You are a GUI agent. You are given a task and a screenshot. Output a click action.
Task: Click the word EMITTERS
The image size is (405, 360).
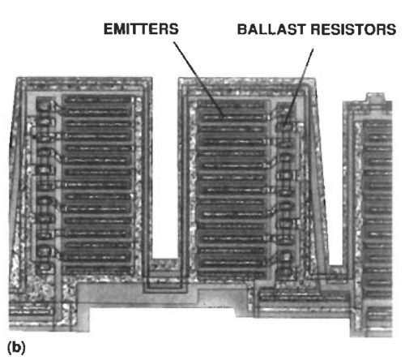[141, 29]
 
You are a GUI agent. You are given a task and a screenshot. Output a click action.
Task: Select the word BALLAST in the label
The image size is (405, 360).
[272, 29]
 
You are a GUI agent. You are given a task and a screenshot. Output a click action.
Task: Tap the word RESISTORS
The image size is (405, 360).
[354, 29]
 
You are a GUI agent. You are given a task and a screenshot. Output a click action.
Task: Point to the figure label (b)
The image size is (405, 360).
[16, 347]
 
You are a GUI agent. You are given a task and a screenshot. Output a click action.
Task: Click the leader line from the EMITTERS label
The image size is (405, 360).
[198, 79]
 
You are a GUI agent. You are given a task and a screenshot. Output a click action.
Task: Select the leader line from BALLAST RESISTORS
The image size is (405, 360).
[299, 87]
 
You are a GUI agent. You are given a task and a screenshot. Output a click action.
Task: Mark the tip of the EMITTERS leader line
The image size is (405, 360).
[224, 118]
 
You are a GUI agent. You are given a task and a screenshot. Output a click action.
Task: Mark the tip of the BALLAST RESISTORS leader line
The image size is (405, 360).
[284, 126]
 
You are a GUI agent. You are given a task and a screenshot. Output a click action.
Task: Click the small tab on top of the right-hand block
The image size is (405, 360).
[375, 97]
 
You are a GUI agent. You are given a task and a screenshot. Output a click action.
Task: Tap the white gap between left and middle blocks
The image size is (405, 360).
[164, 168]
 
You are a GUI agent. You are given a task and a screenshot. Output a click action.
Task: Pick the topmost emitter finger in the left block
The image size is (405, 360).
[98, 101]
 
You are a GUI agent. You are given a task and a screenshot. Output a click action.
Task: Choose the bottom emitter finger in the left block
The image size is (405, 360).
[98, 269]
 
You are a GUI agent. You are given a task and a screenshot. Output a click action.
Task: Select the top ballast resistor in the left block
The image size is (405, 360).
[44, 106]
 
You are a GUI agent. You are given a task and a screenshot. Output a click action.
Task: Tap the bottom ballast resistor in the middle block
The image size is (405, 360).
[285, 272]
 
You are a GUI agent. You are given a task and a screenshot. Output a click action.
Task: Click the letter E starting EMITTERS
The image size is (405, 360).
[108, 29]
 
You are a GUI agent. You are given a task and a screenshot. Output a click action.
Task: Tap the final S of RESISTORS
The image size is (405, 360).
[391, 29]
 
